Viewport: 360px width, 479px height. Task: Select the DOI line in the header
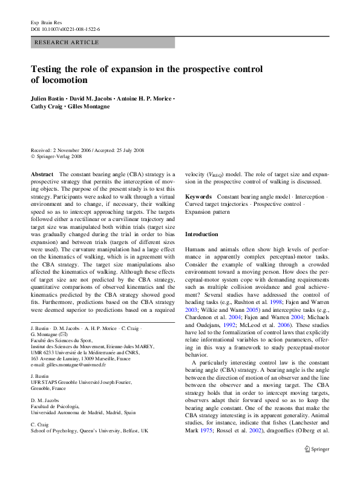click(x=65, y=28)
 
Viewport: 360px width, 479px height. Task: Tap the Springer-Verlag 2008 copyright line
click(x=60, y=157)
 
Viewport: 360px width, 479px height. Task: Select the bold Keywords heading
click(x=198, y=197)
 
